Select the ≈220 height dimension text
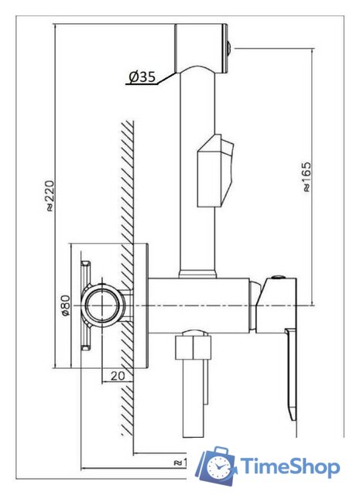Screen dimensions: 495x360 (x=50, y=196)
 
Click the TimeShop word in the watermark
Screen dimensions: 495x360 (x=289, y=466)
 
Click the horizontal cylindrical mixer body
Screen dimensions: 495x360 (x=201, y=306)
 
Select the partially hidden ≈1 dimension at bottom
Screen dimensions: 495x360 (x=179, y=462)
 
